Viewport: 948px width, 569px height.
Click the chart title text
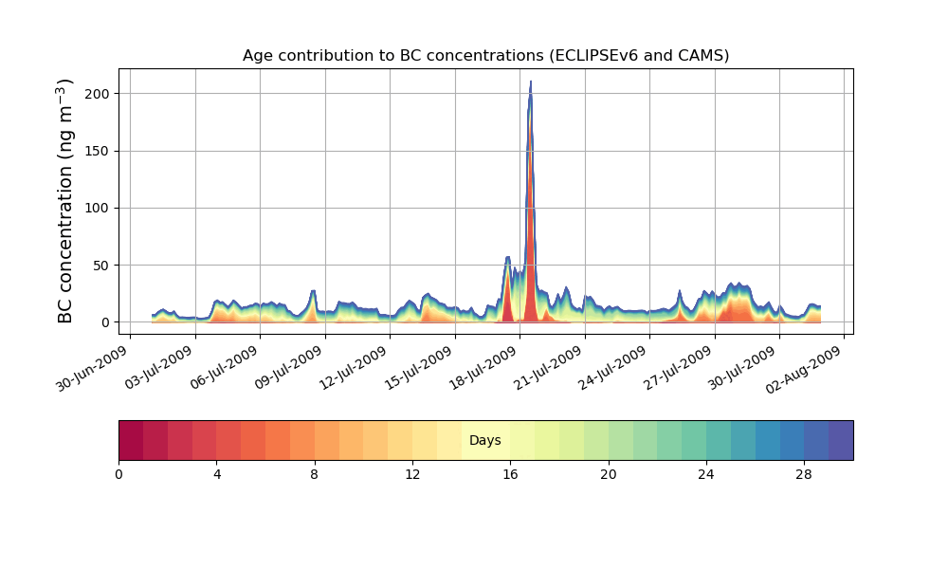485,55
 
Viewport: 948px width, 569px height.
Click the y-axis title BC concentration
65,200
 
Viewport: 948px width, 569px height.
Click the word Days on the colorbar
485,441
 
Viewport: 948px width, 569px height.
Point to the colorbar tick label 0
118,474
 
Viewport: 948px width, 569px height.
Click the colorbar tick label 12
412,474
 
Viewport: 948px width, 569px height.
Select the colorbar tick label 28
804,474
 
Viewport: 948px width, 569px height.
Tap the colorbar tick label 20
608,474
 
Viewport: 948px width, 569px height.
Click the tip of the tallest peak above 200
530,82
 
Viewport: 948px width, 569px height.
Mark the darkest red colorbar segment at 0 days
131,440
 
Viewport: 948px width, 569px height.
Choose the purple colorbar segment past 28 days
841,440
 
